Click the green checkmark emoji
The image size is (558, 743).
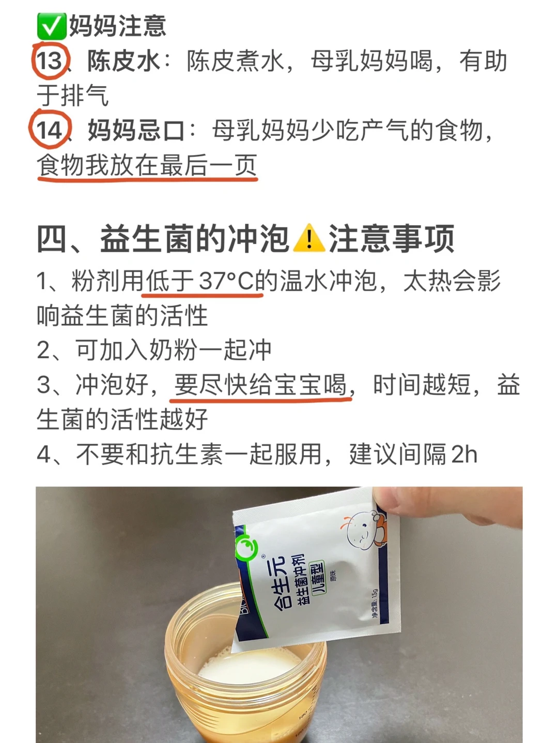[51, 26]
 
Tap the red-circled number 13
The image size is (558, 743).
[50, 61]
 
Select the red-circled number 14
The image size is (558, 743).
[50, 130]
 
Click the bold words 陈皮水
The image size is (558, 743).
[123, 61]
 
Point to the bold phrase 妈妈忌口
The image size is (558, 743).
[136, 130]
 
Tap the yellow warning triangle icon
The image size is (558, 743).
[308, 238]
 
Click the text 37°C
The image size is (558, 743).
[226, 280]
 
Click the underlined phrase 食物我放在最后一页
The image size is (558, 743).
[147, 165]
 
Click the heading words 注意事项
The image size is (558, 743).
[392, 239]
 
